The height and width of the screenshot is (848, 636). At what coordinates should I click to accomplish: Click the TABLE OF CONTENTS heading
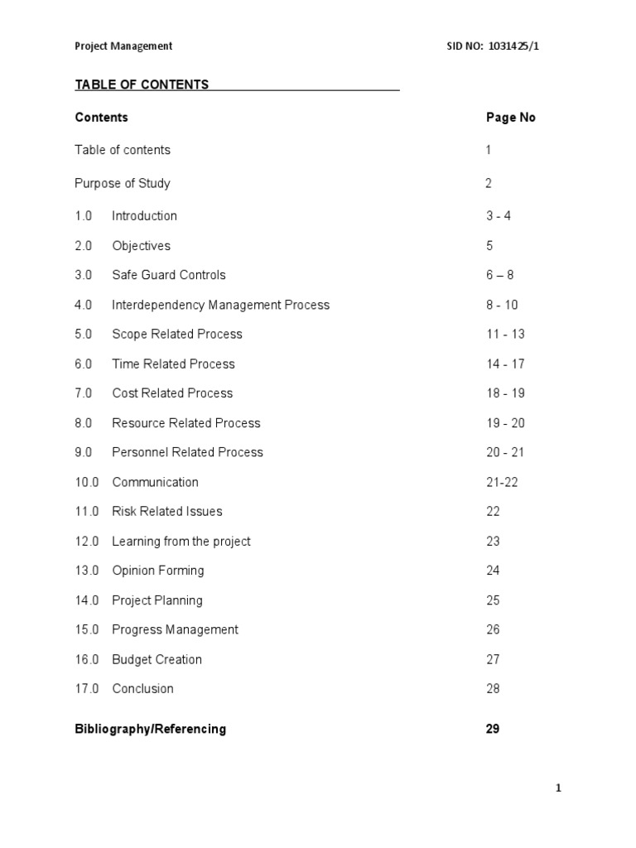coord(142,84)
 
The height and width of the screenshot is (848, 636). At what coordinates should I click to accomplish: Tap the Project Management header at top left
coord(123,46)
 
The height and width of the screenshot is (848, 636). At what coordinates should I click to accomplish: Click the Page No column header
coord(510,118)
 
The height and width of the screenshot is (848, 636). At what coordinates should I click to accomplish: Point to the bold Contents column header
coord(101,118)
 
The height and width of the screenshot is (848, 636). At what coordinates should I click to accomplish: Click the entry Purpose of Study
coord(123,183)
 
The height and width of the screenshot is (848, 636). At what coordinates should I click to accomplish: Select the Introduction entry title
coord(144,216)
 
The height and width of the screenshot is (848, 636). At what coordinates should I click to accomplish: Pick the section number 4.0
coord(84,305)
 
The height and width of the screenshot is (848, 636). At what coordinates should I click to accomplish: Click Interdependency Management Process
coord(220,305)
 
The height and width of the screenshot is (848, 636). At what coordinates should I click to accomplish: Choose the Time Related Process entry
coord(173,364)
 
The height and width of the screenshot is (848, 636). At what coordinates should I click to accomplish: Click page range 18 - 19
coord(505,393)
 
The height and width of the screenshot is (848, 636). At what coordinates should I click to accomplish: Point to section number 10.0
coord(87,482)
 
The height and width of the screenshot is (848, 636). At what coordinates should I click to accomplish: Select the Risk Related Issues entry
coord(166,512)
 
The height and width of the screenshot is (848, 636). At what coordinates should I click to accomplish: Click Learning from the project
coord(181,542)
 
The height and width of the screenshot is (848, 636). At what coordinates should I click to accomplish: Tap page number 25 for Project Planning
coord(493,600)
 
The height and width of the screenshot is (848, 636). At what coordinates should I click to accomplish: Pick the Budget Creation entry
coord(157,660)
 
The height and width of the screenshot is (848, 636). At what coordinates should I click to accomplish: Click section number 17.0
coord(87,689)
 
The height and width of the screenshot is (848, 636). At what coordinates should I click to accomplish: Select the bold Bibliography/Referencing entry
coord(150,730)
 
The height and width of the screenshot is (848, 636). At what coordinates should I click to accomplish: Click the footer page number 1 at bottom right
coord(558,788)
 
